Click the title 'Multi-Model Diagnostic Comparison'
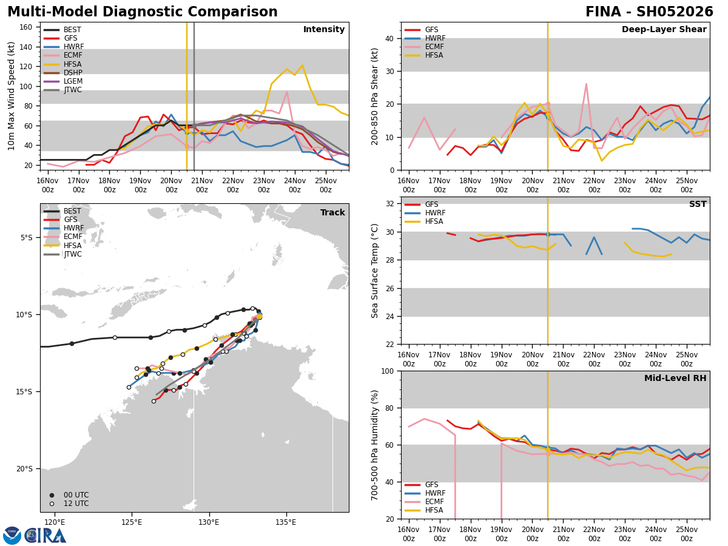pyautogui.click(x=143, y=12)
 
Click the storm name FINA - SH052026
pyautogui.click(x=649, y=12)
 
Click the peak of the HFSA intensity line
pyautogui.click(x=302, y=66)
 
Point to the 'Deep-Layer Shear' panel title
pyautogui.click(x=664, y=30)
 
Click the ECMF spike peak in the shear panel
pyautogui.click(x=586, y=84)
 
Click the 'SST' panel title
pyautogui.click(x=698, y=204)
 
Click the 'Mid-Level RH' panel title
pyautogui.click(x=675, y=379)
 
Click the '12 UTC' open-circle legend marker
pyautogui.click(x=52, y=504)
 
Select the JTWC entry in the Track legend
pyautogui.click(x=72, y=254)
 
